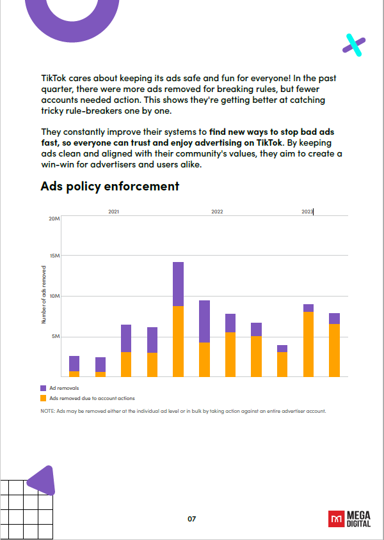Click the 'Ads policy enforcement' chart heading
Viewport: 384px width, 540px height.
109,187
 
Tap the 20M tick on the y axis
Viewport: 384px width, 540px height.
54,219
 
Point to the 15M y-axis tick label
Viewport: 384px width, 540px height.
54,256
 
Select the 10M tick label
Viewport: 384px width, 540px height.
54,297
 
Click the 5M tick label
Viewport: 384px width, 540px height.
56,337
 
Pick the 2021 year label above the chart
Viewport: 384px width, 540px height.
113,212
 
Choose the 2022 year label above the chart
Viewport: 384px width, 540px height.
217,212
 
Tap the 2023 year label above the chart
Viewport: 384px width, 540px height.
307,212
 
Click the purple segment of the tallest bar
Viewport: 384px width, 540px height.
179,284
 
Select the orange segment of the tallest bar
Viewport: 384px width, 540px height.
179,341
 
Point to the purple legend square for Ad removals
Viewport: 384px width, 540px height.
43,388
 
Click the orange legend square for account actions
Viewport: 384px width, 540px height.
43,398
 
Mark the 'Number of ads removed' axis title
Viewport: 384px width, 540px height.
44,294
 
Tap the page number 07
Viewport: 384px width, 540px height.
191,518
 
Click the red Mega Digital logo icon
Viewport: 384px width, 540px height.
335,518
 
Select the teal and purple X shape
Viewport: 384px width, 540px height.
354,44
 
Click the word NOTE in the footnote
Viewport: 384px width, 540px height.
47,411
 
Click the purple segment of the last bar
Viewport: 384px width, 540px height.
334,318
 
